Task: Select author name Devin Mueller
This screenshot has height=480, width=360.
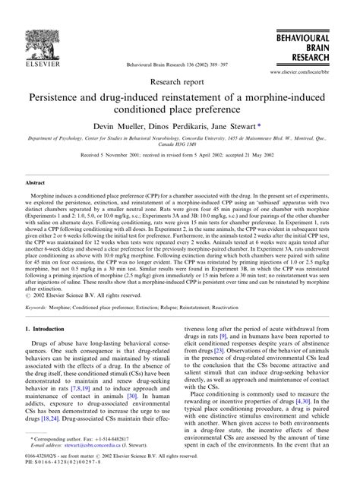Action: click(x=130, y=126)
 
